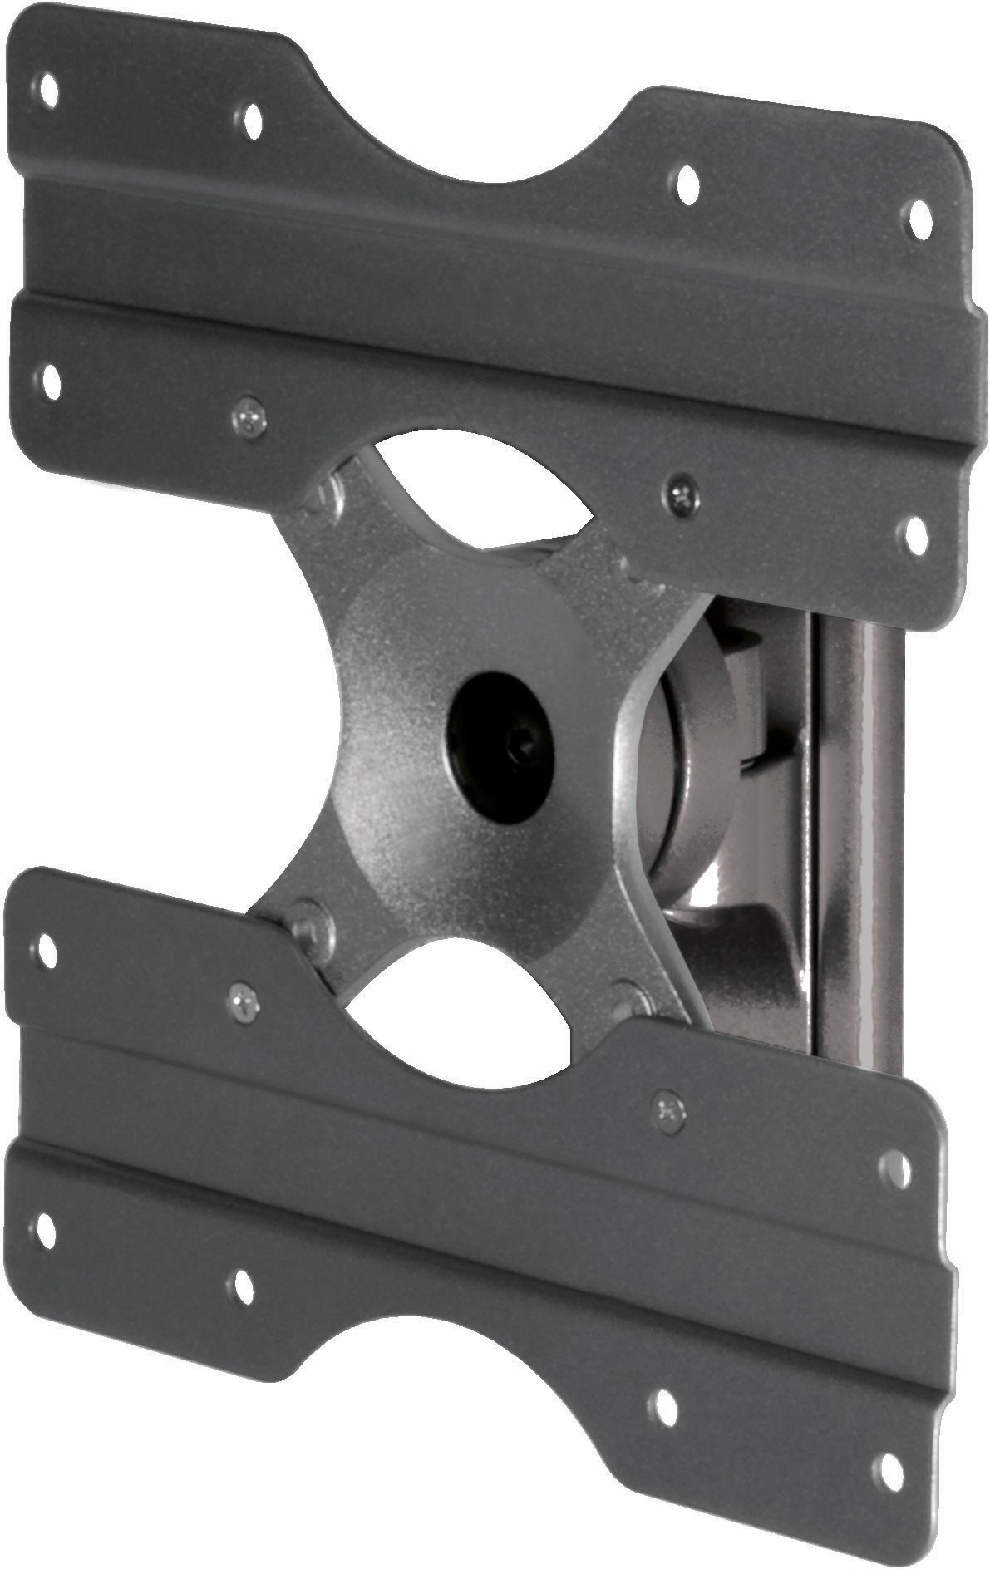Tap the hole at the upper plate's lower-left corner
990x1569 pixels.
click(49, 381)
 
